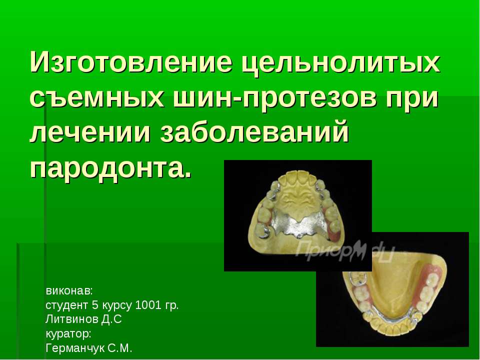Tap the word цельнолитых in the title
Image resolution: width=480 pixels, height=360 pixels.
(340, 63)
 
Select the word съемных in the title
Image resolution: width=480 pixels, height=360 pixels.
(97, 97)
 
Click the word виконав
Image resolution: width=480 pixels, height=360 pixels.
(68, 291)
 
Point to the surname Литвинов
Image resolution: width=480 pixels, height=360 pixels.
(72, 319)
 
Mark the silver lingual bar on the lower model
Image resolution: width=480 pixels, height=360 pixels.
(389, 320)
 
